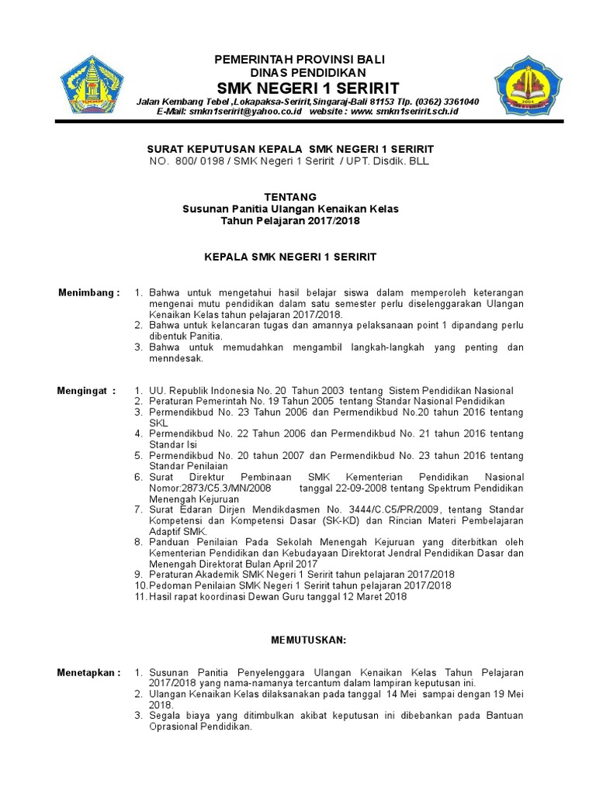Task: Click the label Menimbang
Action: click(89, 292)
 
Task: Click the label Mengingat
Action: click(86, 390)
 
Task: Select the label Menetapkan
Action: click(88, 672)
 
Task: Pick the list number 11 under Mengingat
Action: click(140, 597)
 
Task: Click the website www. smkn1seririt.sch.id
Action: click(406, 112)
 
